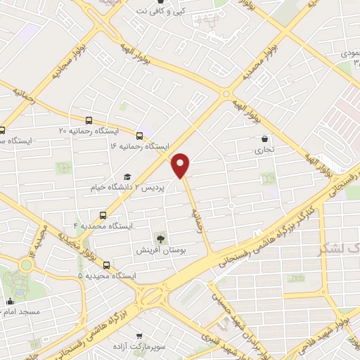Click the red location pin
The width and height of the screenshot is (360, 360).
181,164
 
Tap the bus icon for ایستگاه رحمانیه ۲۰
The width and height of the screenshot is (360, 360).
89,120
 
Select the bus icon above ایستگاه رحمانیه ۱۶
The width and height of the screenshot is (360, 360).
140,135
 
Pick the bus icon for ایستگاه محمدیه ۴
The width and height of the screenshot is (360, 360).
103,215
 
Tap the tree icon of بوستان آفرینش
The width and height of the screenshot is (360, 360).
161,238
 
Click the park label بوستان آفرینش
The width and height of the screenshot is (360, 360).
161,250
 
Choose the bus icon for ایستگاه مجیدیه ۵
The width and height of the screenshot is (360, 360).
107,265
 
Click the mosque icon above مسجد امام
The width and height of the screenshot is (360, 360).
10,302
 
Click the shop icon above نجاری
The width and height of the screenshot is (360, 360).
264,139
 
